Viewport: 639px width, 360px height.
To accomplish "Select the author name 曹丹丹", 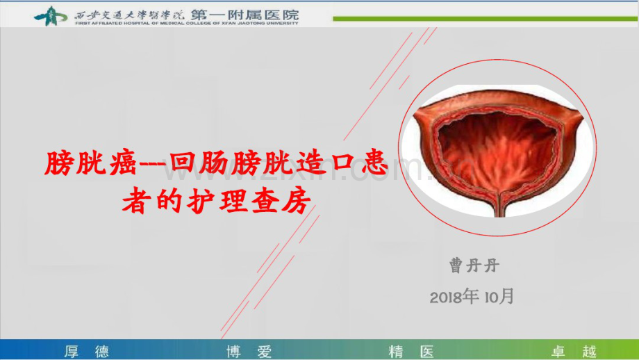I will click(x=474, y=265).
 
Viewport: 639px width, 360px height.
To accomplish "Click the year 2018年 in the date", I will click(x=454, y=297).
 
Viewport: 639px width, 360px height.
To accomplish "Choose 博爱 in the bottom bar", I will click(x=249, y=351).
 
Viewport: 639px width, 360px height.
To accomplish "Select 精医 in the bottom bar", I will click(x=411, y=351).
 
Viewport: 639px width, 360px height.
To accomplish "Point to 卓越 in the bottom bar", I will click(x=574, y=351).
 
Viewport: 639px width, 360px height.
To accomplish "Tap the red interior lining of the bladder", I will click(x=497, y=149).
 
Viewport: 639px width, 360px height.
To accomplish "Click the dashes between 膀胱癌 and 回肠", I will click(x=148, y=165).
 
